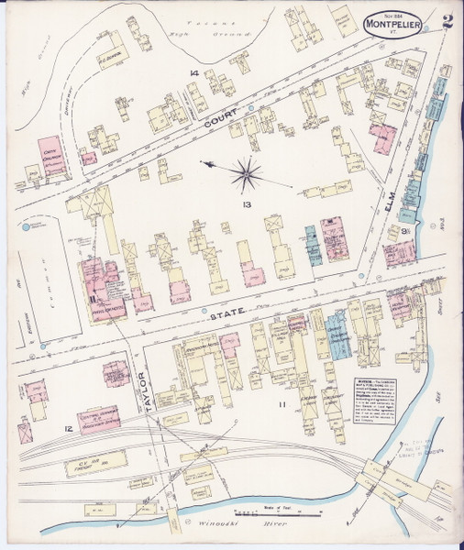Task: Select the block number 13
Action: click(246, 205)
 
